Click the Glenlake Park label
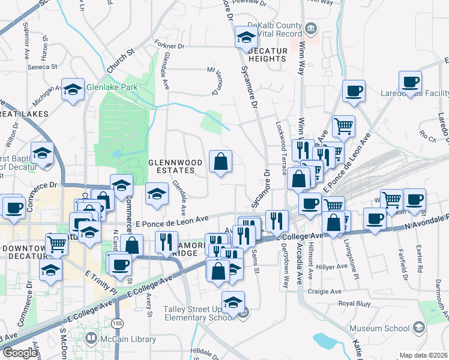click(112, 87)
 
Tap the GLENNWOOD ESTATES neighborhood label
click(172, 166)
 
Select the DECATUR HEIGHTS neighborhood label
click(266, 55)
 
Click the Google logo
click(20, 353)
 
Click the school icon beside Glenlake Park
click(73, 90)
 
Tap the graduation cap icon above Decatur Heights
click(246, 37)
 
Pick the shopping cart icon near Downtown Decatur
click(56, 244)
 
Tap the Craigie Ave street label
click(325, 292)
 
